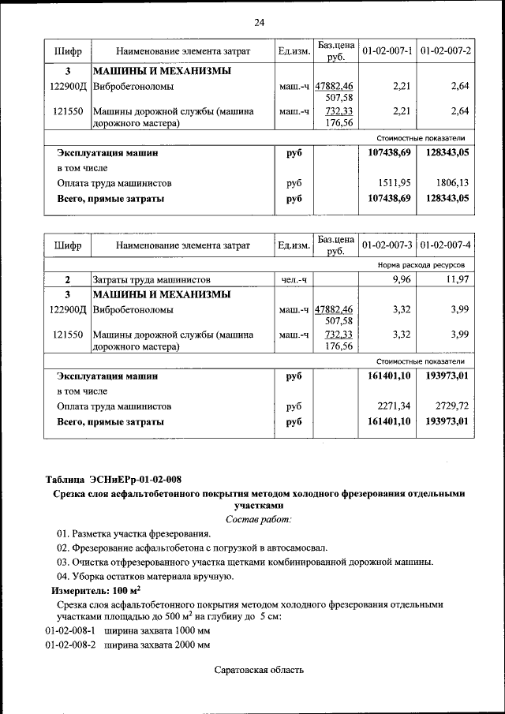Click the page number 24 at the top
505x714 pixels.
260,22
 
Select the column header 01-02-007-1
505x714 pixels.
387,50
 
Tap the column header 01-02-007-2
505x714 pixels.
446,50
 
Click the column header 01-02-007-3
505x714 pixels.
387,245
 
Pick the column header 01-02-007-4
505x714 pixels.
446,245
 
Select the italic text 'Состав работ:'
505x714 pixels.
258,519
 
